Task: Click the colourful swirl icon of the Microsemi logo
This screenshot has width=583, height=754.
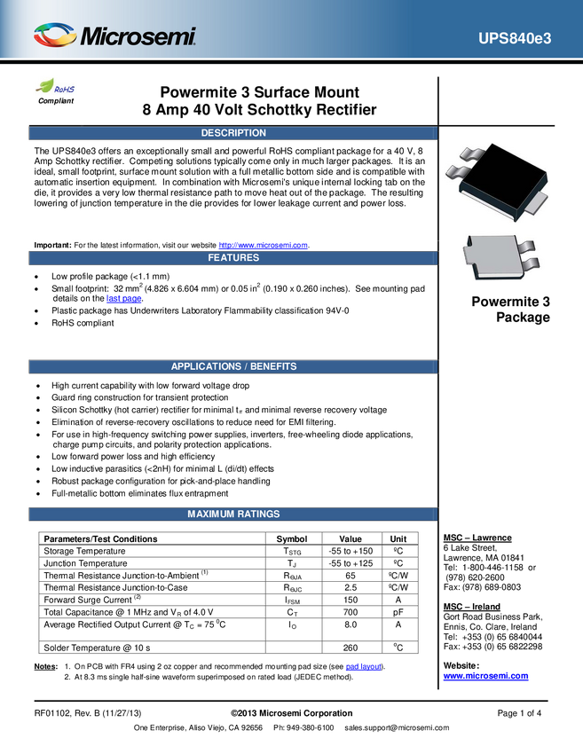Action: [x=54, y=35]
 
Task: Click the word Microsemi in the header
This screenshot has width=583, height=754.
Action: [x=138, y=37]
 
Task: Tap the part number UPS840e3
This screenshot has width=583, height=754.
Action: [x=515, y=39]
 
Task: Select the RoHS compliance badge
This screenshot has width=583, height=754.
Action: [x=56, y=88]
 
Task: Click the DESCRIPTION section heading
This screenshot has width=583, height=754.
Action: [x=233, y=133]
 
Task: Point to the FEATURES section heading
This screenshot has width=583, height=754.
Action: [x=233, y=258]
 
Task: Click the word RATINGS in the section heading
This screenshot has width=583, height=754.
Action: [x=258, y=514]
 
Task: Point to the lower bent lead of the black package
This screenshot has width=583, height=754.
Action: [x=458, y=170]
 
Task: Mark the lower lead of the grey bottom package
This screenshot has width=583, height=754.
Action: [x=531, y=264]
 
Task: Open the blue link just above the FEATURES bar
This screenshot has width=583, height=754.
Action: [x=264, y=244]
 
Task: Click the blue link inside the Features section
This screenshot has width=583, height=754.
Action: [x=123, y=299]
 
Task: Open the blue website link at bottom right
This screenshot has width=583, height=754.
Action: [x=485, y=676]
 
